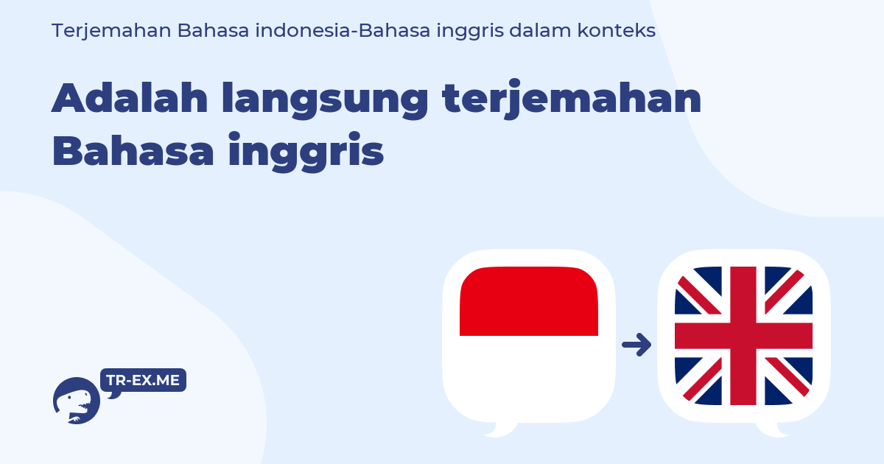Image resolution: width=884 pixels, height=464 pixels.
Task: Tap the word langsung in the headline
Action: coord(325,100)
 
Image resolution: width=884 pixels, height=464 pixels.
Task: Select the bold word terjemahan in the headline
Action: coord(572,99)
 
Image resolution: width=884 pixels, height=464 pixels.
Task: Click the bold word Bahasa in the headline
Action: coord(133,151)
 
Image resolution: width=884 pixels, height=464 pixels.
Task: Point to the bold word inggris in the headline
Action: coord(306,152)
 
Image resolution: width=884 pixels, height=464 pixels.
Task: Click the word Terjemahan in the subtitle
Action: coord(111,31)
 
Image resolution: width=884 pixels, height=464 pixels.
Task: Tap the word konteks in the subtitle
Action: coord(617,30)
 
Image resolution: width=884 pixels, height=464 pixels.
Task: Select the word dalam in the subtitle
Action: coord(540,30)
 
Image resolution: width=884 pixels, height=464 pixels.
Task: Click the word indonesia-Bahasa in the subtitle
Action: coord(343,30)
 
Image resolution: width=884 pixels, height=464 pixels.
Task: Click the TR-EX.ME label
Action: coord(143,380)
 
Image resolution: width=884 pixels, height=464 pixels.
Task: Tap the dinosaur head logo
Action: coord(76,401)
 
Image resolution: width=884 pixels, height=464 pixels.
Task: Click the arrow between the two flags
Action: coord(636,345)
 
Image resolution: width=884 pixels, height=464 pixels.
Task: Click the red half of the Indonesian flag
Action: coord(529,301)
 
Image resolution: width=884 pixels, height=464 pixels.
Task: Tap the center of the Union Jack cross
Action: coord(743,336)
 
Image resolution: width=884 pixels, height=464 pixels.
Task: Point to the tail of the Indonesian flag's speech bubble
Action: coord(499,429)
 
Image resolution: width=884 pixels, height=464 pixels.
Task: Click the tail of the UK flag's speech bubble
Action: coord(771,429)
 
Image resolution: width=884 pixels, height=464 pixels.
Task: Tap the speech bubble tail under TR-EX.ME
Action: coord(113,395)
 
